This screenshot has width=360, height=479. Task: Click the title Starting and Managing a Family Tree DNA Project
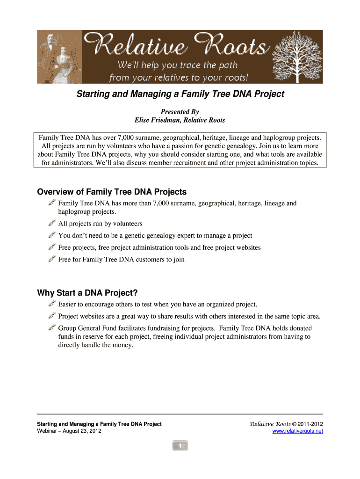180,94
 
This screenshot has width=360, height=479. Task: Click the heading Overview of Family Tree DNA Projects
112,192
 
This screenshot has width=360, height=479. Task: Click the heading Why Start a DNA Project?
87,293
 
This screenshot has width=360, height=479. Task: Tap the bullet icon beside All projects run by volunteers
52,223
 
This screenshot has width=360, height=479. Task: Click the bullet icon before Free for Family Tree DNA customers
52,259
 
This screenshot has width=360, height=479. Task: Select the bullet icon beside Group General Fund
52,328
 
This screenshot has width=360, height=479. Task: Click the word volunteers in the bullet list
128,224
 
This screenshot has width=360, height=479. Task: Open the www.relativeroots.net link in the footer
297,431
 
